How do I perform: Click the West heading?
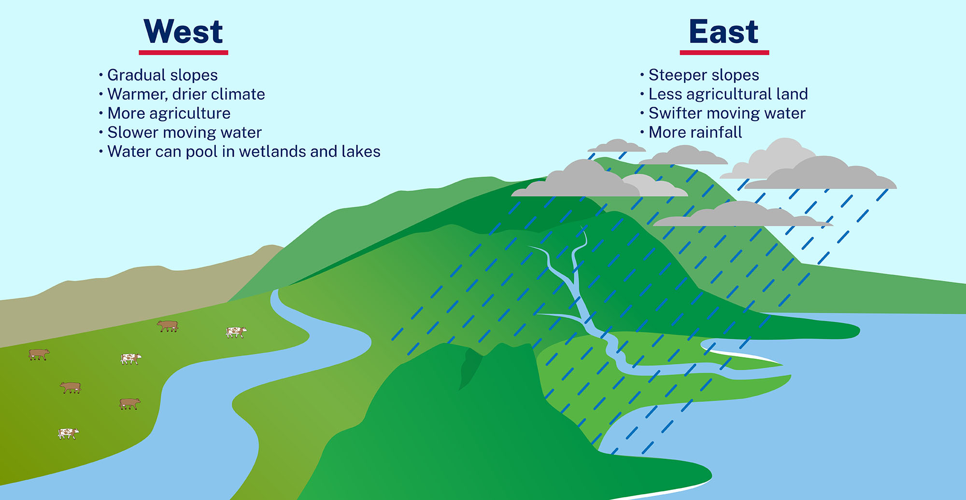click(183, 32)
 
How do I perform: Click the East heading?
click(724, 32)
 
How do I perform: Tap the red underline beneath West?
click(183, 52)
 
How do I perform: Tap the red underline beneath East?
click(724, 52)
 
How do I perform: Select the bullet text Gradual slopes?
click(162, 75)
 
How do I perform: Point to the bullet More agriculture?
click(169, 113)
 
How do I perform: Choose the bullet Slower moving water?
click(184, 132)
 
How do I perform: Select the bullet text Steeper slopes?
click(703, 75)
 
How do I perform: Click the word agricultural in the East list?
click(736, 94)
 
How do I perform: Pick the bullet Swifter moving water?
click(726, 113)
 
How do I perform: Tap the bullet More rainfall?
click(695, 132)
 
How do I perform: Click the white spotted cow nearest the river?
click(236, 332)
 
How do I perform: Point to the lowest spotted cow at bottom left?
click(68, 433)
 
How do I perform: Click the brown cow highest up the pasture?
click(168, 326)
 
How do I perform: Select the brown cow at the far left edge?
click(39, 354)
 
